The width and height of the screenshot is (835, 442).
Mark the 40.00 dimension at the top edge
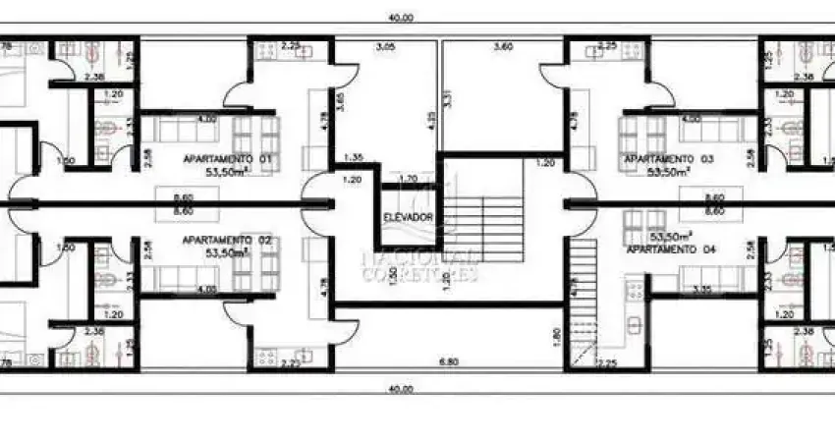coord(401,17)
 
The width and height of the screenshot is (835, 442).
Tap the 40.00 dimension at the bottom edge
coord(401,389)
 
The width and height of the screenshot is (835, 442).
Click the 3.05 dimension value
coord(385,46)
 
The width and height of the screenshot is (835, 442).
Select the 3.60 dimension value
coord(502,46)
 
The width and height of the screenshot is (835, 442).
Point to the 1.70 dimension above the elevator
coord(410,180)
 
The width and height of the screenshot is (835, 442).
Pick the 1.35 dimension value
coord(354,157)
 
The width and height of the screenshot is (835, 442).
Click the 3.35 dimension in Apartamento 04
coord(701,290)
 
